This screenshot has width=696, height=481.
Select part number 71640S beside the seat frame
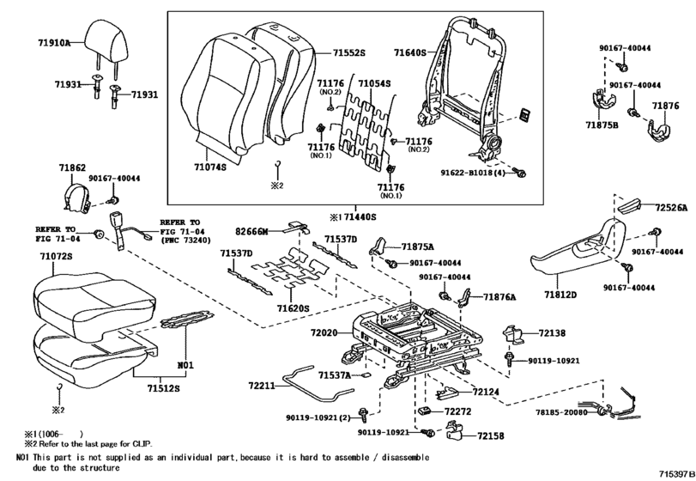pos(409,53)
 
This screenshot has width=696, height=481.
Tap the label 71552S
pos(349,53)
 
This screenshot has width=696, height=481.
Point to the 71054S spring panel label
pos(374,83)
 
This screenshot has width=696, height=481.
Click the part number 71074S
pos(210,167)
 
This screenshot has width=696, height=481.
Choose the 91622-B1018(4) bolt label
pos(473,173)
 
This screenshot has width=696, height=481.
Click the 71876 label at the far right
pos(665,106)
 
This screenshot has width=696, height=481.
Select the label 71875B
pos(602,125)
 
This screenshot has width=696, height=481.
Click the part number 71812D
pos(560,294)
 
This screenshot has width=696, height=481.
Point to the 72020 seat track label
pos(324,332)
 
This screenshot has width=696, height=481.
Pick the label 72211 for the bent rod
pos(262,386)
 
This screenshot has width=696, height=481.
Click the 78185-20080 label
pos(561,412)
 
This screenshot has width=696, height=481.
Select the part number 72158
pos(491,435)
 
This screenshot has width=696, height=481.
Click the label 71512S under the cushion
pos(164,388)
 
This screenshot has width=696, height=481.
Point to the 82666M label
pos(251,231)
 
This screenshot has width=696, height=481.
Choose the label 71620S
pos(293,307)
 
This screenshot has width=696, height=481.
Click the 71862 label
pos(72,167)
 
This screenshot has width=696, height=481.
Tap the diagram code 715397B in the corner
pos(676,475)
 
